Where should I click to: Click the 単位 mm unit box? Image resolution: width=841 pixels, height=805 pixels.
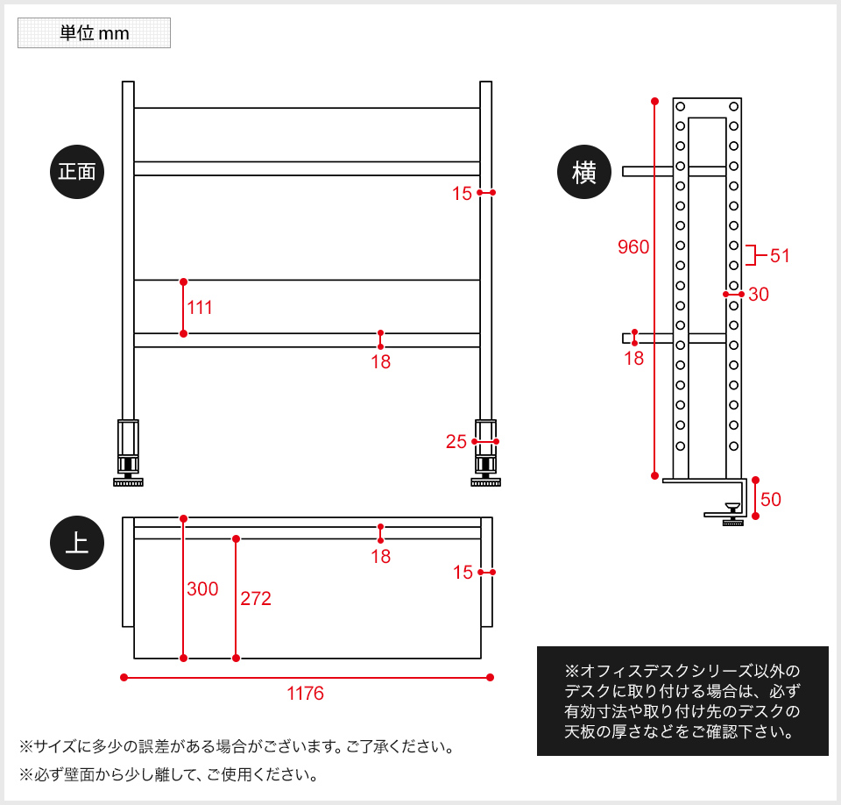click(94, 32)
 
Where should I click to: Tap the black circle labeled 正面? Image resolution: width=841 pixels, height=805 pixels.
click(77, 172)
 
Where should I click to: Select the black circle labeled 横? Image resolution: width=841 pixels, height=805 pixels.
click(584, 172)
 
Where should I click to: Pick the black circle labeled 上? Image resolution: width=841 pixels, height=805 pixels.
click(77, 543)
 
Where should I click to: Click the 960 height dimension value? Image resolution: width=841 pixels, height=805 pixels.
click(633, 247)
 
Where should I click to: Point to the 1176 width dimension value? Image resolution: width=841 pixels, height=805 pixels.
click(305, 694)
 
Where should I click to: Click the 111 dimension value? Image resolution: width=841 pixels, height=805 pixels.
click(200, 308)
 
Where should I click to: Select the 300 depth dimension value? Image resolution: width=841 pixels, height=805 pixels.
click(202, 588)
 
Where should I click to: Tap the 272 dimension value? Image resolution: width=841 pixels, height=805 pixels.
click(255, 598)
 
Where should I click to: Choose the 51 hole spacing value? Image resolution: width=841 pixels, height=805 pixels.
click(780, 256)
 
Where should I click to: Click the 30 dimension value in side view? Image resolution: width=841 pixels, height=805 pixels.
click(759, 295)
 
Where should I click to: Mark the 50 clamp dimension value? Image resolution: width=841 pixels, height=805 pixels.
click(771, 500)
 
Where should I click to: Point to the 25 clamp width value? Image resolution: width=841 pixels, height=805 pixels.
click(456, 441)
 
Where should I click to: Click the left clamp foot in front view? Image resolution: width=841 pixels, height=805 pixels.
click(128, 453)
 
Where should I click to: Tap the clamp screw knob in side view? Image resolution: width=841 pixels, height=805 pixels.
click(732, 515)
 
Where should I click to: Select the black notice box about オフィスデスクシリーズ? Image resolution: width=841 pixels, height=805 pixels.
click(682, 701)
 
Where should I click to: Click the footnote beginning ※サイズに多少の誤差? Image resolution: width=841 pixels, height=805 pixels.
click(237, 746)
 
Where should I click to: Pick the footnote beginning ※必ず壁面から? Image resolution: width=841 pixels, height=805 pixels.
click(169, 774)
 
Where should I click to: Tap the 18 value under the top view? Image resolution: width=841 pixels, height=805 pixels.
click(381, 556)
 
